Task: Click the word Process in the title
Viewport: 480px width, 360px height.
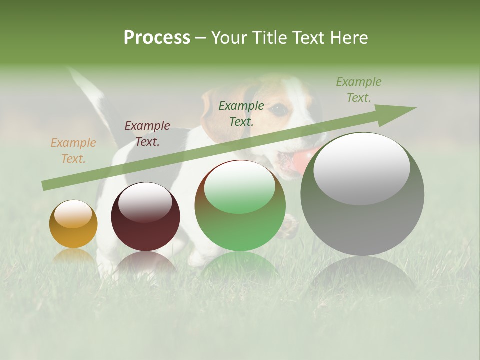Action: click(x=157, y=38)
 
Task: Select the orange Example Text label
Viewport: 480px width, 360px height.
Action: click(x=73, y=150)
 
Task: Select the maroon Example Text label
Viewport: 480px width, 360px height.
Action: click(x=147, y=133)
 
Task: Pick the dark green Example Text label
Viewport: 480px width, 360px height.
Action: click(x=241, y=113)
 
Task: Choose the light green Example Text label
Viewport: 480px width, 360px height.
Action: click(x=359, y=89)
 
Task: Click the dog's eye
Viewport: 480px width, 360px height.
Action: click(x=280, y=108)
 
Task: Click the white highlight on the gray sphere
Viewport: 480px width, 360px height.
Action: click(x=361, y=167)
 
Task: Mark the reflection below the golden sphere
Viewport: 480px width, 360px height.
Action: click(x=73, y=257)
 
